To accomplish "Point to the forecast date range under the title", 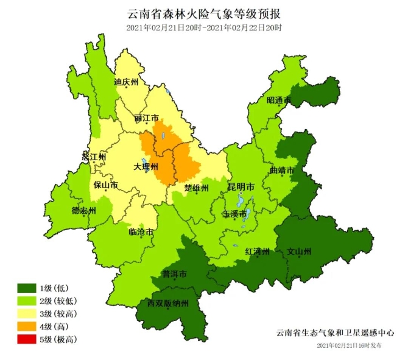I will [204, 27].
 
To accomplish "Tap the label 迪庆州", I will [126, 81].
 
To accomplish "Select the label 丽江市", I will [147, 118].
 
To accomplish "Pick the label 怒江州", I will [94, 157].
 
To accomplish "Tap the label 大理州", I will [146, 166].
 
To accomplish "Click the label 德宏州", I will [84, 211].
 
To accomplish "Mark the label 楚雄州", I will [196, 187].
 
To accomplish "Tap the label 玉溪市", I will [235, 214].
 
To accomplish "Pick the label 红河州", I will [257, 251].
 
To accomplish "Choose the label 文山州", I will [299, 251].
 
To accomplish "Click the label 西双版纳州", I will [168, 303].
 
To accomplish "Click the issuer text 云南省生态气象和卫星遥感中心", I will [335, 333].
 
